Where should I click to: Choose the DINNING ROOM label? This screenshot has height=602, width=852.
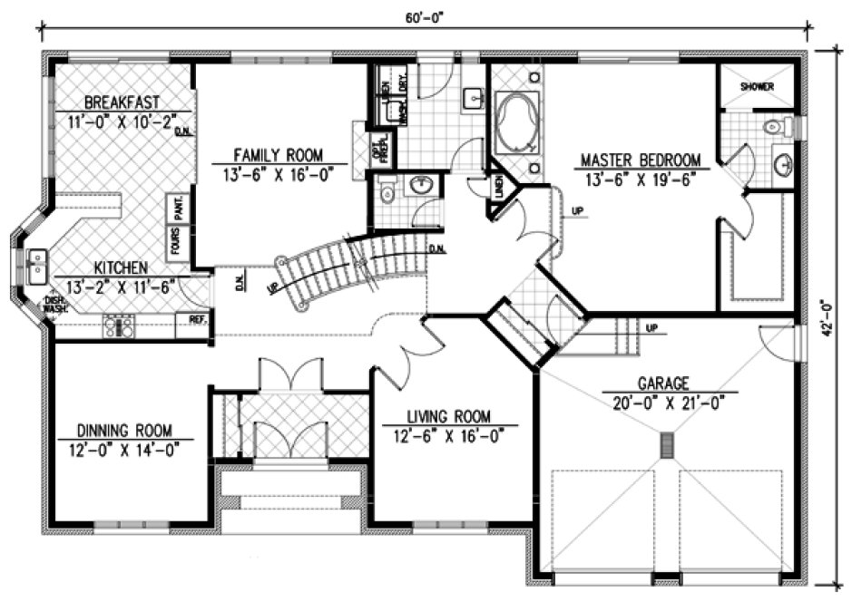123,430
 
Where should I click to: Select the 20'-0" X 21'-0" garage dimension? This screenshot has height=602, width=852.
669,403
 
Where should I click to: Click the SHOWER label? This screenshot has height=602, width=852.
756,87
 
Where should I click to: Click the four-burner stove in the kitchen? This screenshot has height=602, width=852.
119,325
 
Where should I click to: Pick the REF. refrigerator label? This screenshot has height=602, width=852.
197,319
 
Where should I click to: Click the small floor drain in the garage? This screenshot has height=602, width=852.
669,444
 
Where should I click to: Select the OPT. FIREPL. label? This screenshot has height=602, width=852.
382,150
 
